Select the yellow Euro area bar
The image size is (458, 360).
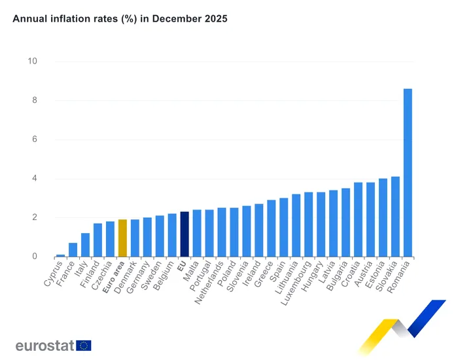coord(122,238)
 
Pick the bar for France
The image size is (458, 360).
coord(73,250)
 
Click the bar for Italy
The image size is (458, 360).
coord(85,245)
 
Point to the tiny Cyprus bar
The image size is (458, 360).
coord(60,255)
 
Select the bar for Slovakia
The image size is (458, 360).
coord(395,217)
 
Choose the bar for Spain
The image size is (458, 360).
coord(283,227)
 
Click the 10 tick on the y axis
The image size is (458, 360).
coord(32,62)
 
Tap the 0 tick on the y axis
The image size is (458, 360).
coord(35,257)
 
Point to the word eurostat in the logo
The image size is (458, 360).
coord(44,346)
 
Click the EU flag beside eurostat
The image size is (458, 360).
coord(84,346)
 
